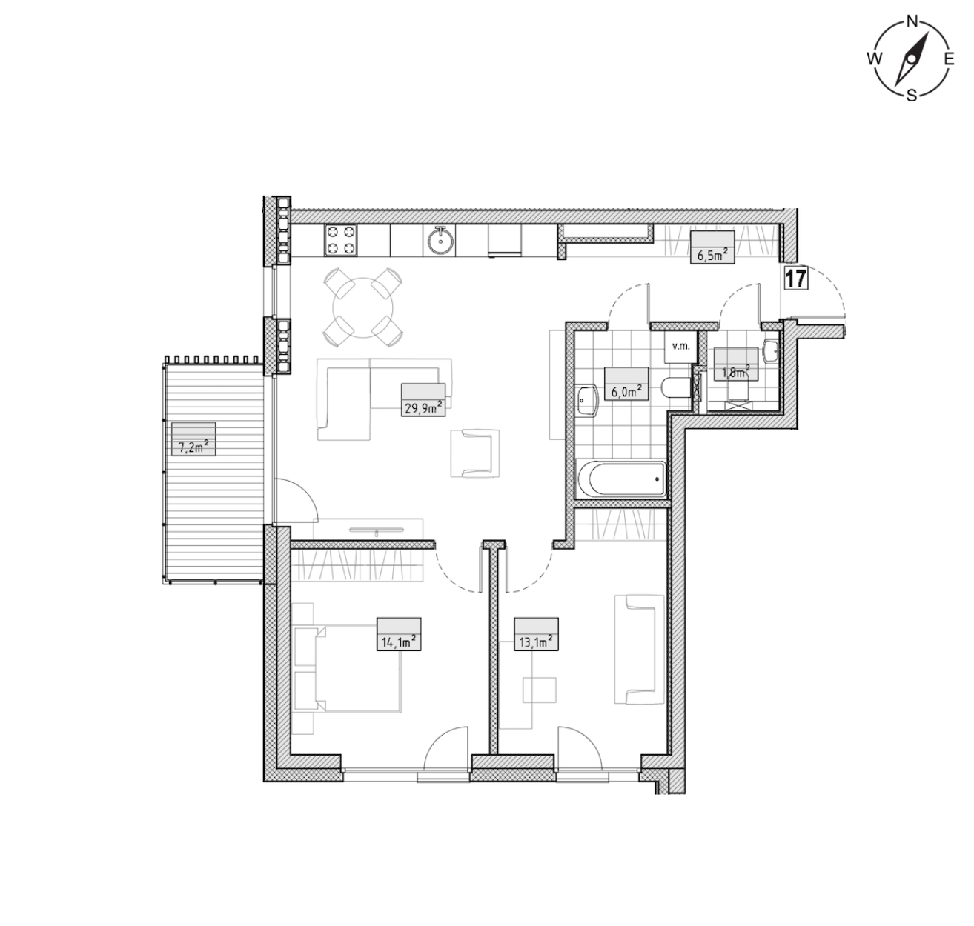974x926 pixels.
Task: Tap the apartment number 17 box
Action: click(796, 279)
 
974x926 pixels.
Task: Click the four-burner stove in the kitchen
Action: click(341, 240)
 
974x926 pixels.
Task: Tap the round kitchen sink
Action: click(439, 241)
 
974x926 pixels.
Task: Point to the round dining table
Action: click(362, 307)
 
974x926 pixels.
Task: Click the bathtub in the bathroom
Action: click(623, 479)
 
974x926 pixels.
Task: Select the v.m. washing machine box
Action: click(681, 347)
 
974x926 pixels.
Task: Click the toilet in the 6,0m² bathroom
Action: click(676, 387)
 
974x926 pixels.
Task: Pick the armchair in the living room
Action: click(474, 453)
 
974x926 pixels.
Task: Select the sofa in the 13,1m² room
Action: click(639, 649)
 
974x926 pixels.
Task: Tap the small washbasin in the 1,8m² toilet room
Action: click(772, 352)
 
